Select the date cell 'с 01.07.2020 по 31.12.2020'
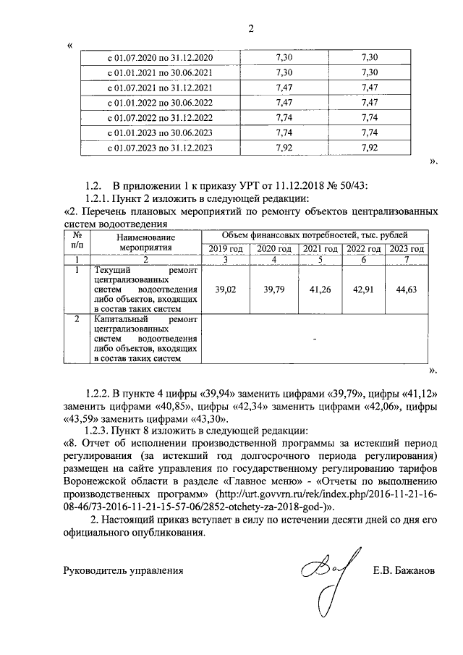[160, 57]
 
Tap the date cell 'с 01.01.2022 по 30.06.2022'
[160, 102]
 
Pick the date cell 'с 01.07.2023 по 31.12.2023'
[160, 148]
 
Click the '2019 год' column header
[224, 249]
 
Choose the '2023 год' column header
[406, 249]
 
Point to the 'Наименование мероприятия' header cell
[145, 242]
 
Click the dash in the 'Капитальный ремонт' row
[315, 337]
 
